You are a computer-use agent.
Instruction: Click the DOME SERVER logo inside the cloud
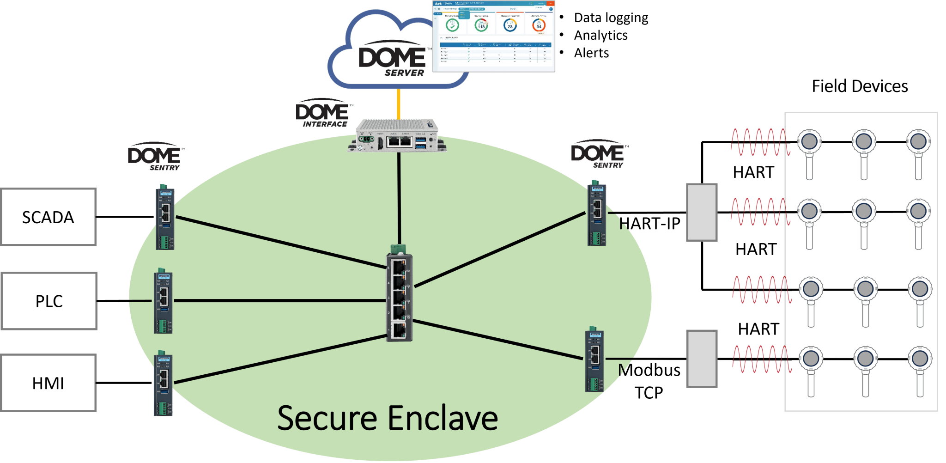[395, 58]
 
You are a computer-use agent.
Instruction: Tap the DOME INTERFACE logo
[324, 112]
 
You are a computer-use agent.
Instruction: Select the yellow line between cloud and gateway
[398, 104]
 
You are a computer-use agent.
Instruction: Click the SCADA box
[49, 217]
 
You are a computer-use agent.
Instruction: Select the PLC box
[49, 301]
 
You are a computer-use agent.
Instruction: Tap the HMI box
[49, 383]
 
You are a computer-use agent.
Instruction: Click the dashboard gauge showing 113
[481, 26]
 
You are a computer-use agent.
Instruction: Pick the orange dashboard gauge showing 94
[539, 26]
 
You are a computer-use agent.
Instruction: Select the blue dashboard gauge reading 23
[510, 26]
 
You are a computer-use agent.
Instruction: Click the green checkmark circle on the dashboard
[452, 25]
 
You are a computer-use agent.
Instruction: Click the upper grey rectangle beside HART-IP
[702, 213]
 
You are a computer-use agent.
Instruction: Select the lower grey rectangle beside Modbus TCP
[702, 359]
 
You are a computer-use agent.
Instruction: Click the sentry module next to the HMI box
[163, 384]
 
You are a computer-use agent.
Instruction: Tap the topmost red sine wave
[759, 142]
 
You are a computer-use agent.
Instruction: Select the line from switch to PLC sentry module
[277, 301]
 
